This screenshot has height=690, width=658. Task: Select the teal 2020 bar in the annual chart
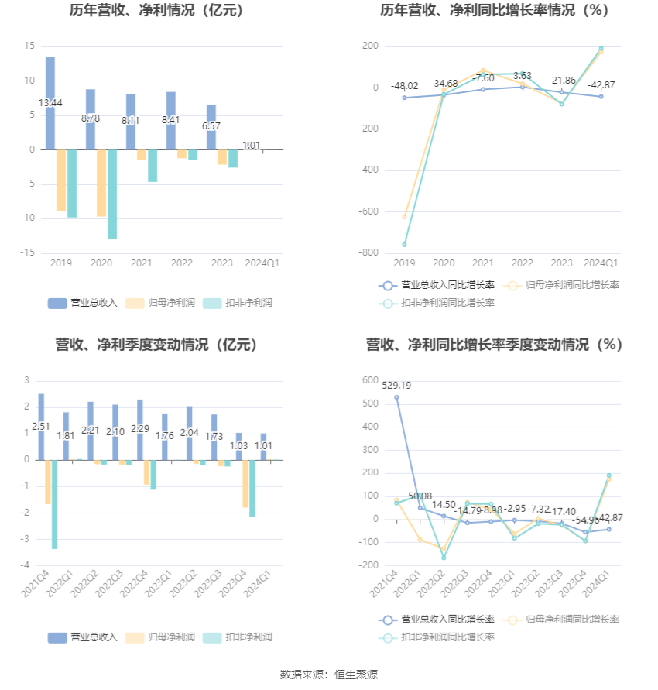(x=112, y=194)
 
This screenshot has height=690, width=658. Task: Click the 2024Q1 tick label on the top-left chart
(x=262, y=263)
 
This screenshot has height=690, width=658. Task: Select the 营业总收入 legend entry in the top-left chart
(x=83, y=303)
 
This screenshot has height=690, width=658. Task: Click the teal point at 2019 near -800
(x=404, y=245)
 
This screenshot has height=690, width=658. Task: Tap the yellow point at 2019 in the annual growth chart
(x=404, y=217)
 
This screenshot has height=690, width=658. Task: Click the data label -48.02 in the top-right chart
(x=404, y=86)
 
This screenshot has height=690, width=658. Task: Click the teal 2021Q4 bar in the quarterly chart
(x=55, y=504)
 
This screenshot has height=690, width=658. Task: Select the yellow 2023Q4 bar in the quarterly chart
(x=245, y=484)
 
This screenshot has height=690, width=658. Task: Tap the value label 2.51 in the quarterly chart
(x=41, y=427)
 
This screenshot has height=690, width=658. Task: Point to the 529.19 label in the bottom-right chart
(x=396, y=385)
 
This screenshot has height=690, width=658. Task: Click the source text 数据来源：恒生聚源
(x=329, y=675)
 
